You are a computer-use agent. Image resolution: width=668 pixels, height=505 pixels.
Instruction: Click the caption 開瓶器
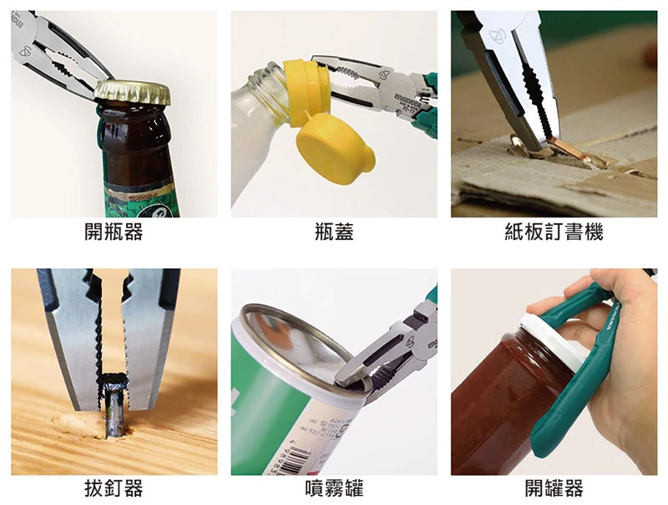pos(114,232)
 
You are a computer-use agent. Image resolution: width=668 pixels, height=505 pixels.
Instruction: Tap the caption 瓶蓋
pos(334,232)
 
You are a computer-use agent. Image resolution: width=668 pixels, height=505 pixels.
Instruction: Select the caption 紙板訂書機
pos(554,232)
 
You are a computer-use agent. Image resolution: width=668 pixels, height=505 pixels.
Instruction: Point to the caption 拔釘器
pos(114,488)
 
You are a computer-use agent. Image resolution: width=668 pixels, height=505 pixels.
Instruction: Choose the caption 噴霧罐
pos(334,488)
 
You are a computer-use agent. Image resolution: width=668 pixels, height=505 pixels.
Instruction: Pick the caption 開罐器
pos(554,488)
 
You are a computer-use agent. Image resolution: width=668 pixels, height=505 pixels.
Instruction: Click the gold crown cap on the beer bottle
pos(133,93)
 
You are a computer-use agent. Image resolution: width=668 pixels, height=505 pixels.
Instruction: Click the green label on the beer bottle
pos(140,201)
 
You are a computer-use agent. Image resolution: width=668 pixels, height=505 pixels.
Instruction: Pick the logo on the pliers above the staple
pos(497,36)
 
